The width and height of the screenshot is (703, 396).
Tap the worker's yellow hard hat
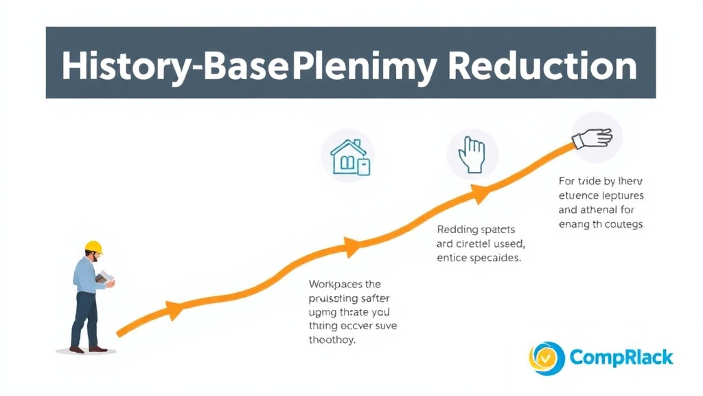tap(93, 247)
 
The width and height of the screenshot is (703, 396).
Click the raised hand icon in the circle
tap(472, 153)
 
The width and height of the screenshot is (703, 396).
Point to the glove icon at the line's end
tap(593, 138)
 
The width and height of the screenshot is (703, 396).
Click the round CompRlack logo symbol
tap(546, 358)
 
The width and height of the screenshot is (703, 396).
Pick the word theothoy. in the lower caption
tap(332, 340)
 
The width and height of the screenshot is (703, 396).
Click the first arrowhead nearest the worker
tap(174, 311)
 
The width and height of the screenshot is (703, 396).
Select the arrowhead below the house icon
tap(353, 247)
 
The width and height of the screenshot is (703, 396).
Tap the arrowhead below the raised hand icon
tap(481, 194)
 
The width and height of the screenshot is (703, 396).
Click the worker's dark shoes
tap(89, 349)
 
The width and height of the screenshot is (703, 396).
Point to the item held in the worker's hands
tap(105, 277)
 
